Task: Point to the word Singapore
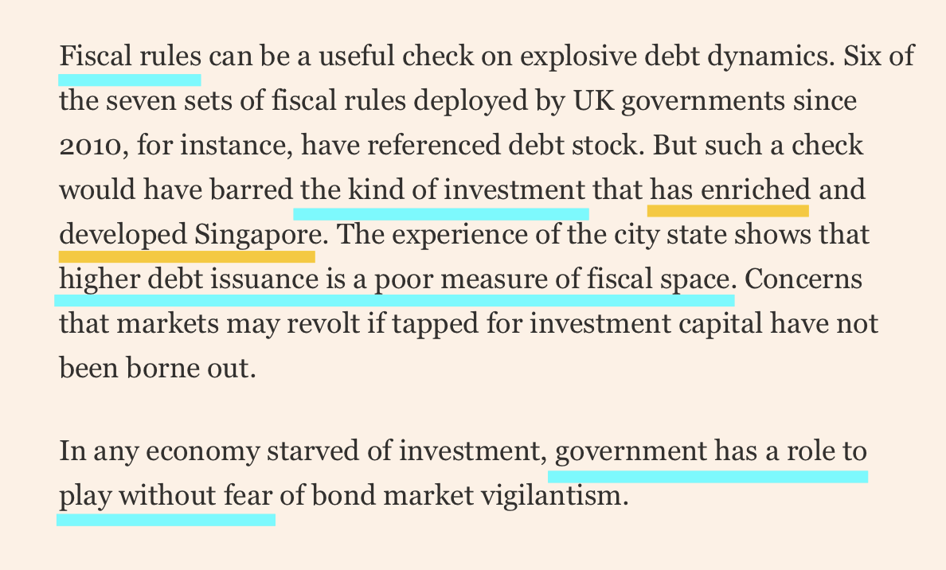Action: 257,236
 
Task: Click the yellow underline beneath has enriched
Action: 728,210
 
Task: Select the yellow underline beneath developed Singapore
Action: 186,256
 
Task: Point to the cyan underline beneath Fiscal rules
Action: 130,79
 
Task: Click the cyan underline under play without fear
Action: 166,519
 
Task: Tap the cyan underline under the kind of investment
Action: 441,213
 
